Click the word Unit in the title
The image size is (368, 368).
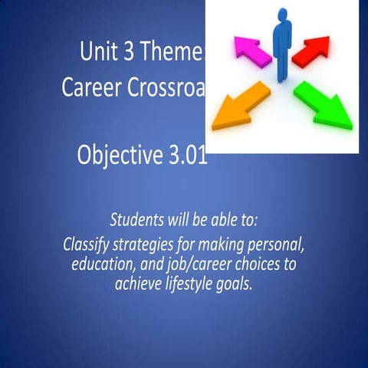click(97, 53)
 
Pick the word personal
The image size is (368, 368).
click(278, 247)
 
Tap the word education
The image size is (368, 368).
click(103, 265)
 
